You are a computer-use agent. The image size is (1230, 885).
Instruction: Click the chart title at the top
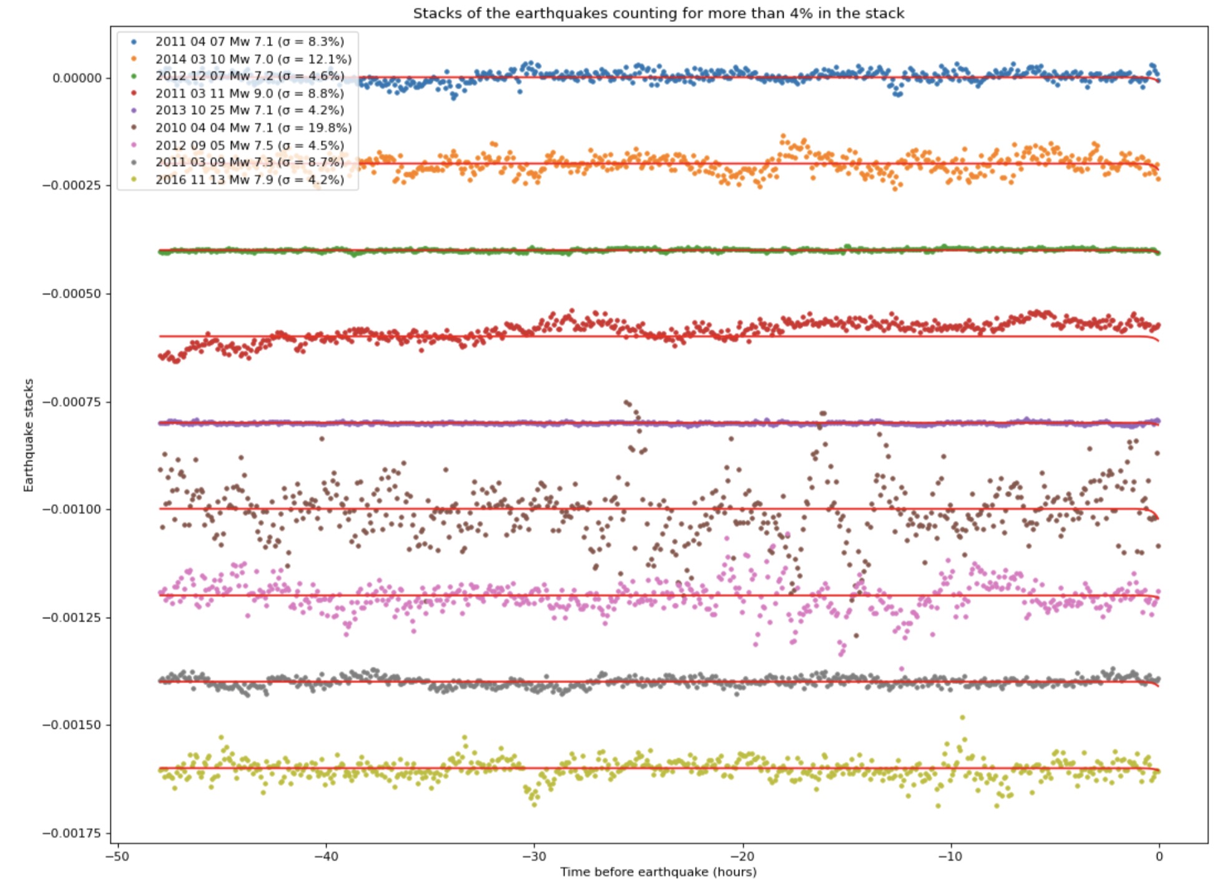tap(658, 13)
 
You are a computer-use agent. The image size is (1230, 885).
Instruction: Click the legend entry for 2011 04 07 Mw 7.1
tap(249, 42)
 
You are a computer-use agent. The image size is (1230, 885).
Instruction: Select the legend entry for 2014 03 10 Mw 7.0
tap(253, 59)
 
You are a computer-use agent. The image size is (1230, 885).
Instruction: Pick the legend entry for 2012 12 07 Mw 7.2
tap(249, 76)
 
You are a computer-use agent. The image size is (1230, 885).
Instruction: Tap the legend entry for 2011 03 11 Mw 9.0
tap(249, 94)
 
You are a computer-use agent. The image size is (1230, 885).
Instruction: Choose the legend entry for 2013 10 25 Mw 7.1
tap(249, 110)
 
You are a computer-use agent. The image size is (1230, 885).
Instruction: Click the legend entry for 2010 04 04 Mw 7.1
tap(253, 128)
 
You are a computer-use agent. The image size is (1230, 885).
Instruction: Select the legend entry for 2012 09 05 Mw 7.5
tap(249, 145)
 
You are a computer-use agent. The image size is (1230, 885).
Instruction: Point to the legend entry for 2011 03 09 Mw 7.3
tap(249, 162)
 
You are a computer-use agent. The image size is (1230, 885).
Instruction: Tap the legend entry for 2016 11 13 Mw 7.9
tap(249, 180)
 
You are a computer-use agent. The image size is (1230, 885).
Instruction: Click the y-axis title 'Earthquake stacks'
tap(28, 435)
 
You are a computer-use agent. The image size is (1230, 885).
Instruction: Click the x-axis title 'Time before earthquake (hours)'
tap(658, 872)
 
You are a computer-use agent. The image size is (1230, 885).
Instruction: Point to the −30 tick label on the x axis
tap(534, 856)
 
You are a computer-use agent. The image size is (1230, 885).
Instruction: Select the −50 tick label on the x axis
tap(117, 856)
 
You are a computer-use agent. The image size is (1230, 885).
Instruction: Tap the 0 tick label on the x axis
tap(1159, 856)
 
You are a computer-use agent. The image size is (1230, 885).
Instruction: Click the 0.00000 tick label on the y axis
tap(77, 79)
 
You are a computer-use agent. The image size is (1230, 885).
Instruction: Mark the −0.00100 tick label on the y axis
tap(72, 509)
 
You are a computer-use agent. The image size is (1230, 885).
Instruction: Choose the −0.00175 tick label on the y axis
tap(72, 833)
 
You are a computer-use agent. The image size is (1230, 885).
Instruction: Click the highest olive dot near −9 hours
tap(962, 718)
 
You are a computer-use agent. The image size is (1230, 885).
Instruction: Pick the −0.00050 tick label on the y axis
tap(72, 294)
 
